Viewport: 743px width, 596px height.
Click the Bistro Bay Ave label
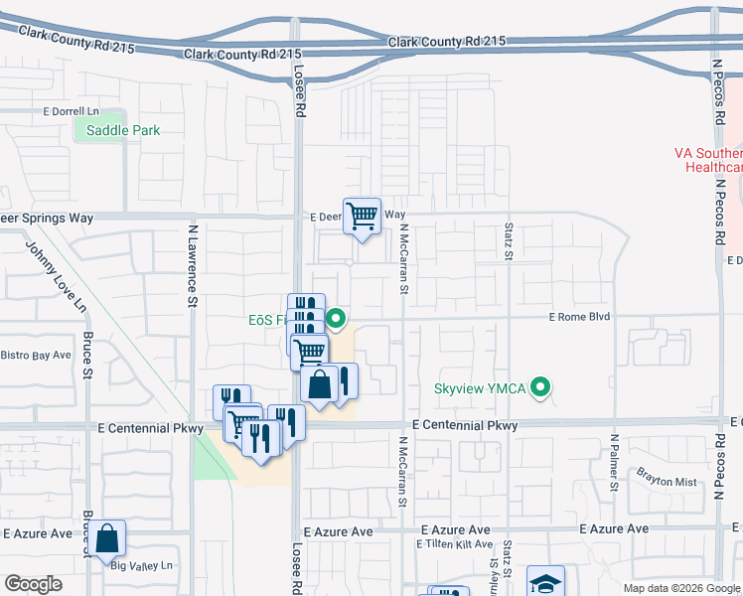[x=36, y=355]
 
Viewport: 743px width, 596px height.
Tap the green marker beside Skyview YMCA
[x=540, y=387]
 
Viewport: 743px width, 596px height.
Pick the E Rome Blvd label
[x=580, y=317]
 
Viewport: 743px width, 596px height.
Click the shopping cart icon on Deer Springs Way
[x=363, y=214]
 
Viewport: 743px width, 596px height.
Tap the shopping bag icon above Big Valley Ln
[x=107, y=538]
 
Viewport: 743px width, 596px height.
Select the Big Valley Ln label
[x=141, y=566]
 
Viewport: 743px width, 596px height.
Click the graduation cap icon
[x=544, y=584]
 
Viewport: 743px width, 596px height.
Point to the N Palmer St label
[x=615, y=462]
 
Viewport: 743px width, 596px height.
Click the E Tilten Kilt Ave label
[x=455, y=544]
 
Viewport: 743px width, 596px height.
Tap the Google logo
[x=33, y=584]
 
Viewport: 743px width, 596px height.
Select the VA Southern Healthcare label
[x=708, y=160]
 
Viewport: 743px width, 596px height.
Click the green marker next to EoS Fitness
[x=336, y=319]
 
